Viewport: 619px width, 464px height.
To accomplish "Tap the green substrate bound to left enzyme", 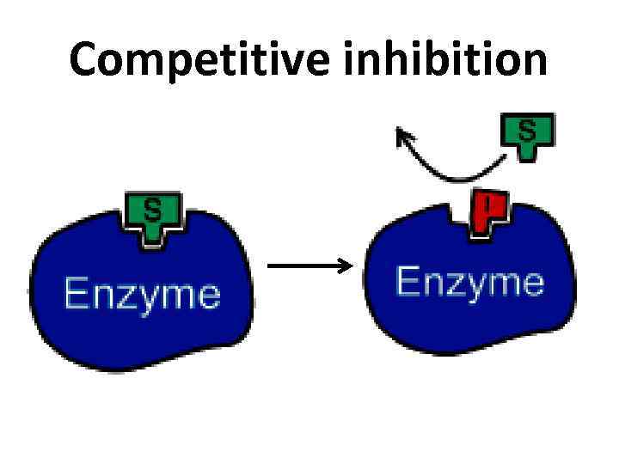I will pyautogui.click(x=152, y=216).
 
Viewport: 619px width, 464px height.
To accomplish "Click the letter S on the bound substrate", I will pyautogui.click(x=152, y=209).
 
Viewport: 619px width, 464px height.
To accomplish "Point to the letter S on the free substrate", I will pyautogui.click(x=527, y=130).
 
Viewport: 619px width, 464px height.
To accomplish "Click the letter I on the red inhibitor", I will pyautogui.click(x=487, y=204).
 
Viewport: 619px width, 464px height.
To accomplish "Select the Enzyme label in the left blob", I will pyautogui.click(x=142, y=295).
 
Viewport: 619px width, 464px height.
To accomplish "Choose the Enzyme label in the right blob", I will pyautogui.click(x=469, y=282).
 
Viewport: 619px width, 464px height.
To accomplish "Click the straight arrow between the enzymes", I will pyautogui.click(x=305, y=266).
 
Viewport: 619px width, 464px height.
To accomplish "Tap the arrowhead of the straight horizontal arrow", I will pyautogui.click(x=346, y=266).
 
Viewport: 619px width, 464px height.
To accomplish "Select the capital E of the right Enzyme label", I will pyautogui.click(x=406, y=282).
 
